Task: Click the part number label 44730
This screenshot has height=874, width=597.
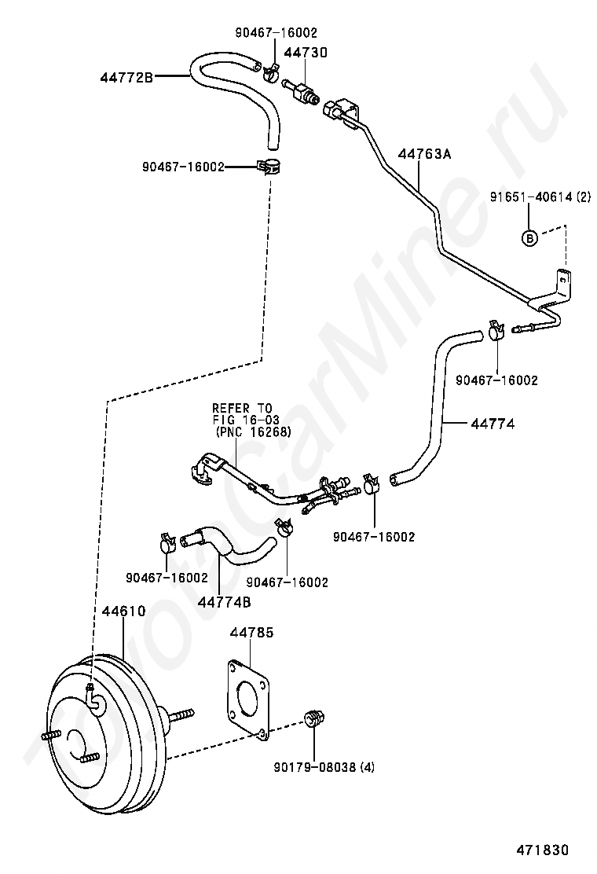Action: point(306,53)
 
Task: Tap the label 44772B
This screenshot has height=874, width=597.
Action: point(126,78)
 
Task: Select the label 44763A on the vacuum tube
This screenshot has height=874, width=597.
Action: point(424,154)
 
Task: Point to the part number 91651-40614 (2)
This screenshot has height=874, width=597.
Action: point(540,196)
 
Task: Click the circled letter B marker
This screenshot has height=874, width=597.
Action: point(529,238)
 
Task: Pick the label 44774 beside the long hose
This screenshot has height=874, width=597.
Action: point(493,424)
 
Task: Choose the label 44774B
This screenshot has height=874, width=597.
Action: point(225,603)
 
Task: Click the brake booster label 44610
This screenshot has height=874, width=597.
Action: point(123,611)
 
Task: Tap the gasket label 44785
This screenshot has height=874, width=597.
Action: point(251,633)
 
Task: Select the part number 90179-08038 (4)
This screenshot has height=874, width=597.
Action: point(324,768)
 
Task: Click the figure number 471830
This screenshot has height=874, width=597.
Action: point(542,850)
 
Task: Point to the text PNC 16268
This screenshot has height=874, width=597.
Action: point(254,431)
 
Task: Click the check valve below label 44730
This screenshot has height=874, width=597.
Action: point(302,91)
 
